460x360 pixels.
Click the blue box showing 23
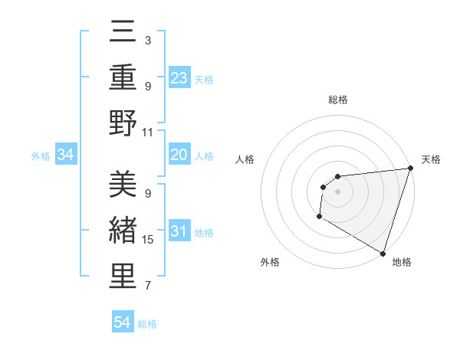click(179, 78)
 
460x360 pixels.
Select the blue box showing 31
click(179, 232)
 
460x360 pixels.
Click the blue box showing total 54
click(122, 323)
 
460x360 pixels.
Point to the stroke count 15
click(148, 240)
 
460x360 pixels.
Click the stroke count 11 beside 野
click(148, 132)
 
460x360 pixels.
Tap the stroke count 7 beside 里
click(148, 286)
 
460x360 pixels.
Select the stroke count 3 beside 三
click(148, 40)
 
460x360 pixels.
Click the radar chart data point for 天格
click(410, 169)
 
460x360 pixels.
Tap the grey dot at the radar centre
click(337, 191)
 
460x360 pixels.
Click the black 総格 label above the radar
click(337, 100)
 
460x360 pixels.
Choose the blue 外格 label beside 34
click(41, 156)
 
